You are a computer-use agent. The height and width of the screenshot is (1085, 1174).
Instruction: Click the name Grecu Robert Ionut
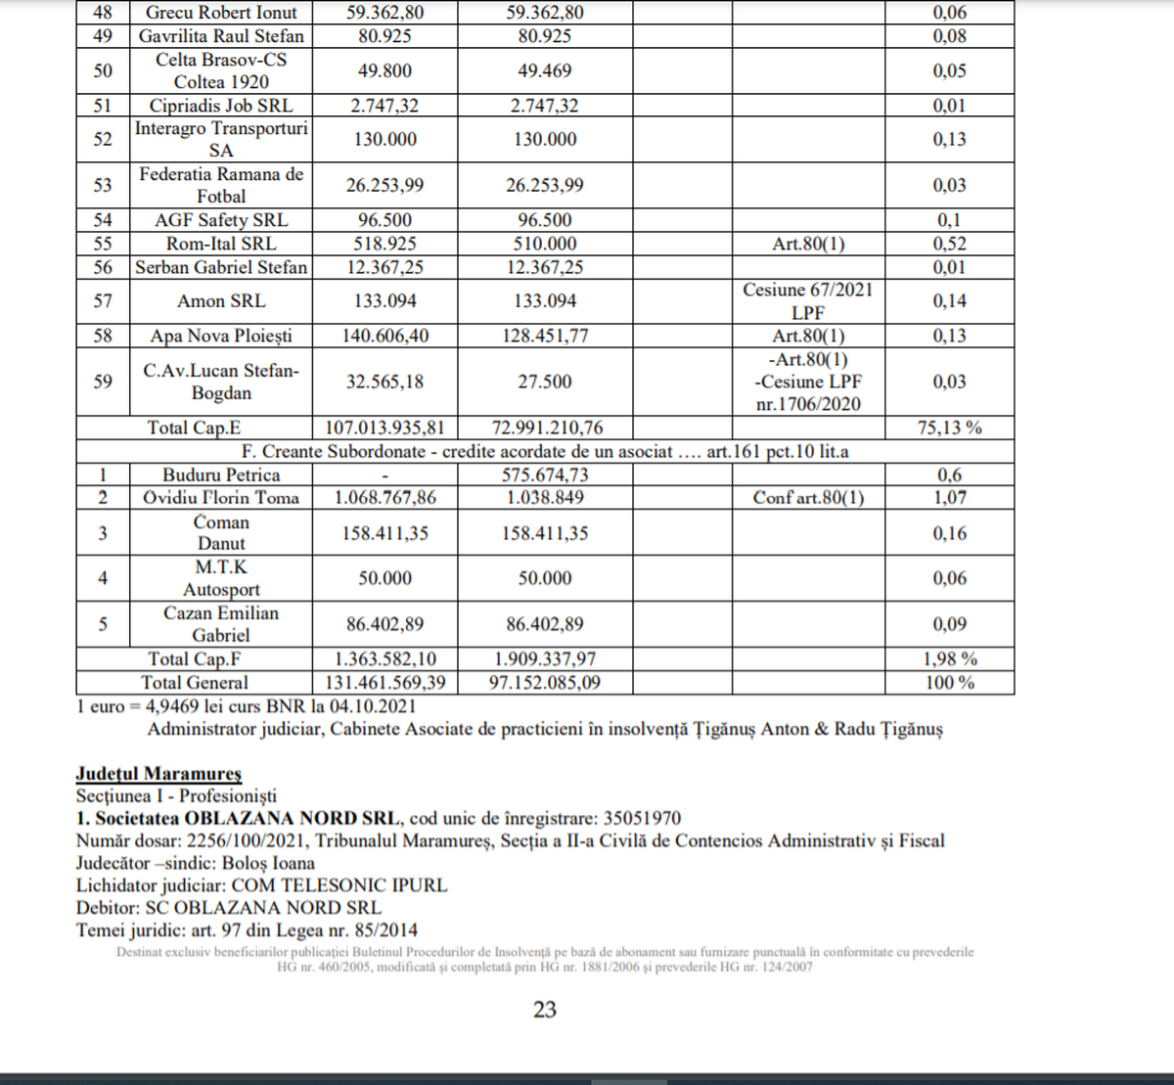221,13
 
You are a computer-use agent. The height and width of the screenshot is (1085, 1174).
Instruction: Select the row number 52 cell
103,139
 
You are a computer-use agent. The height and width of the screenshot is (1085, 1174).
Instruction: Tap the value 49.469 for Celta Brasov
545,70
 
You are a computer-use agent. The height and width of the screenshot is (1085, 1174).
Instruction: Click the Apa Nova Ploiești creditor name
221,336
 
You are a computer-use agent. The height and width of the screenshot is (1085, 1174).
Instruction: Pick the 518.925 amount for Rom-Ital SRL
384,244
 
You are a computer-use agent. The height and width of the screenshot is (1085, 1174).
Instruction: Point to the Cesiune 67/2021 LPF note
808,300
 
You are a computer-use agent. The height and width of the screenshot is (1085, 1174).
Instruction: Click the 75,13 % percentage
949,428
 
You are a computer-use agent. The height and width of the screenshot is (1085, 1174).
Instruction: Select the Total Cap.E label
194,428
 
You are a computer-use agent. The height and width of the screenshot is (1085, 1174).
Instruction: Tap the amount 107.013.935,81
384,428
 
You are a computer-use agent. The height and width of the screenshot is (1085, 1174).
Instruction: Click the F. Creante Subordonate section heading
545,451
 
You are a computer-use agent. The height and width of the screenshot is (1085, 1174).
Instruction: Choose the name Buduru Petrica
221,475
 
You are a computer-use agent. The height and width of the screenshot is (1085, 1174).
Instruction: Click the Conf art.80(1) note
808,497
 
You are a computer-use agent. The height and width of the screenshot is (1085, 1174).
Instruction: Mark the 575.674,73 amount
545,475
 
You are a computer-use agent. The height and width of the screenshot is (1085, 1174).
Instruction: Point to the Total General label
194,682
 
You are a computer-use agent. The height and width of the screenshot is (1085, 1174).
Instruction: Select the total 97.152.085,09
545,682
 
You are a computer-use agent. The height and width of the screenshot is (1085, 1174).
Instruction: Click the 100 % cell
949,682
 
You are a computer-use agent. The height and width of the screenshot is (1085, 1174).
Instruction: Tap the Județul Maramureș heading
158,774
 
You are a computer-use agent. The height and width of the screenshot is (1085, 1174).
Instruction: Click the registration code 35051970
642,818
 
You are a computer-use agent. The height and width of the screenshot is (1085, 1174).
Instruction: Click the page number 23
545,1009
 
